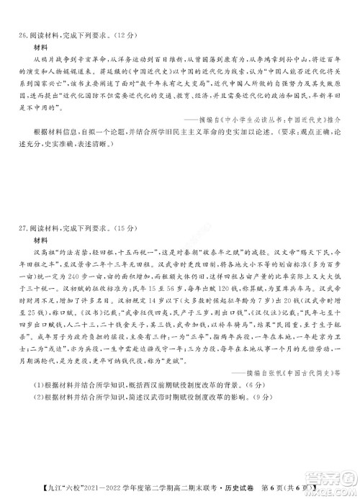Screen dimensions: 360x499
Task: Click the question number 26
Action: tap(24, 34)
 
